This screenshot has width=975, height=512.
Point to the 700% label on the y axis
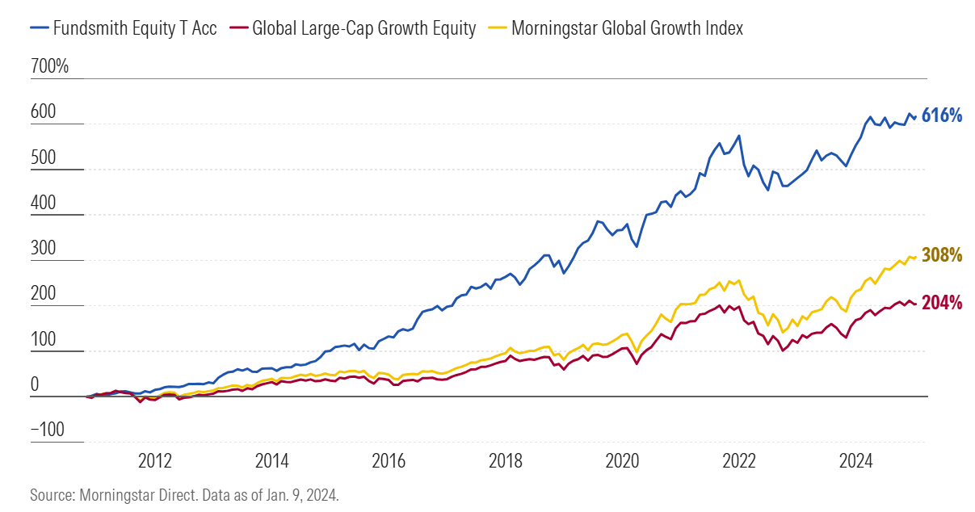coord(49,67)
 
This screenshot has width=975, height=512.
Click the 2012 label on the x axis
coord(155,462)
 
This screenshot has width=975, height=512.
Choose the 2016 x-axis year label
coord(389,462)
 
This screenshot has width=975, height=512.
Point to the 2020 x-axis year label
coord(622,462)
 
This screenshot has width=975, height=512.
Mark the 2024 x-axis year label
coord(855,462)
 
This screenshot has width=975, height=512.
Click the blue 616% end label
coord(942,116)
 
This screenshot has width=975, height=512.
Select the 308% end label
coord(942,256)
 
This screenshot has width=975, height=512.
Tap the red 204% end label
coord(942,304)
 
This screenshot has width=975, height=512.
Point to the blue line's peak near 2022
coord(738,136)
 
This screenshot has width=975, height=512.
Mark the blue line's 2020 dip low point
coord(637,246)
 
